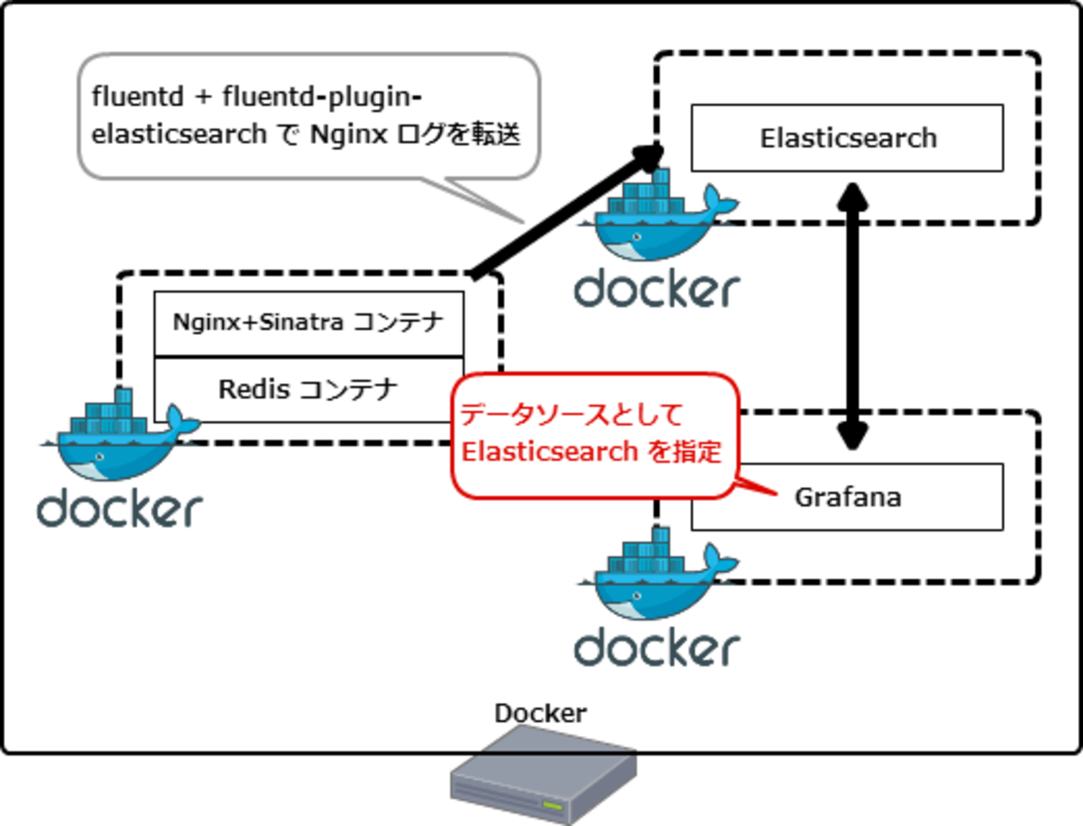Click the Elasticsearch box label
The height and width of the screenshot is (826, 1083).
pyautogui.click(x=847, y=138)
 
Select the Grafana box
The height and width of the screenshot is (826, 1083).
pyautogui.click(x=847, y=498)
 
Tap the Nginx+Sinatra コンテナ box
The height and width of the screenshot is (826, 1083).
pyautogui.click(x=308, y=323)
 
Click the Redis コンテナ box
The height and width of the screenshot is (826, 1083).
pyautogui.click(x=308, y=389)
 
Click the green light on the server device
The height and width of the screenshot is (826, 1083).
pyautogui.click(x=551, y=805)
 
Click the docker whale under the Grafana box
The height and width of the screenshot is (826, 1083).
pyautogui.click(x=656, y=575)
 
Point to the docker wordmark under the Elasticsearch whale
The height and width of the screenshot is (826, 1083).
pyautogui.click(x=656, y=289)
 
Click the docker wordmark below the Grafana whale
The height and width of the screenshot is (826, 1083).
pyautogui.click(x=656, y=648)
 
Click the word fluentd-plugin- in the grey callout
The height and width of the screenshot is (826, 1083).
pyautogui.click(x=322, y=98)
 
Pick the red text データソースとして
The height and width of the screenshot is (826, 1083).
pyautogui.click(x=571, y=414)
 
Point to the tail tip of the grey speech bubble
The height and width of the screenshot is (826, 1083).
pyautogui.click(x=525, y=224)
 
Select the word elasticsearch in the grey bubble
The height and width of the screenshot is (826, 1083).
pyautogui.click(x=179, y=134)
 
